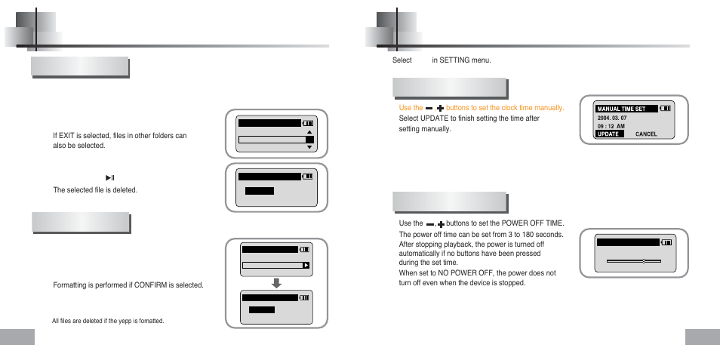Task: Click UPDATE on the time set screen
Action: pyautogui.click(x=608, y=134)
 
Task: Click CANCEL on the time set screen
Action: pyautogui.click(x=646, y=134)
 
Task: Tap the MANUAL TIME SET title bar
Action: pyautogui.click(x=625, y=109)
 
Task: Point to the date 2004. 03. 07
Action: pyautogui.click(x=611, y=118)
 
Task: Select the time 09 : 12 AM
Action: pyautogui.click(x=611, y=126)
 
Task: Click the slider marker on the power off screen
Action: pyautogui.click(x=643, y=260)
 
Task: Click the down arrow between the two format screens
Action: pyautogui.click(x=276, y=284)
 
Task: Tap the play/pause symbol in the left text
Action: pyautogui.click(x=109, y=177)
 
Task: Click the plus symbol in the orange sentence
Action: pyautogui.click(x=440, y=109)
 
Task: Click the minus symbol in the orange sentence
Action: pyautogui.click(x=429, y=109)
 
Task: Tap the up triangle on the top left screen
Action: pyautogui.click(x=309, y=131)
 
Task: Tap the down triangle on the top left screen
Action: pyautogui.click(x=309, y=148)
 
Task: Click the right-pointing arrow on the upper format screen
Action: pyautogui.click(x=306, y=266)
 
